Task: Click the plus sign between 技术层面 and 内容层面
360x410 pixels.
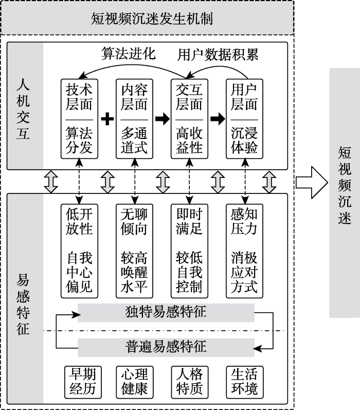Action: pos(107,119)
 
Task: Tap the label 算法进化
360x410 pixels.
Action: pos(128,54)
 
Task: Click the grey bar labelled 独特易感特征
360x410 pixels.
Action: pos(166,312)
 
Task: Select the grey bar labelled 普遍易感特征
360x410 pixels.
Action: pos(166,346)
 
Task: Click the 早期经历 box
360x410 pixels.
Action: pos(79,381)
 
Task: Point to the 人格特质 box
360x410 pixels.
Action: pos(189,381)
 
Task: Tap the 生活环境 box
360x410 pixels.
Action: pos(244,381)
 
